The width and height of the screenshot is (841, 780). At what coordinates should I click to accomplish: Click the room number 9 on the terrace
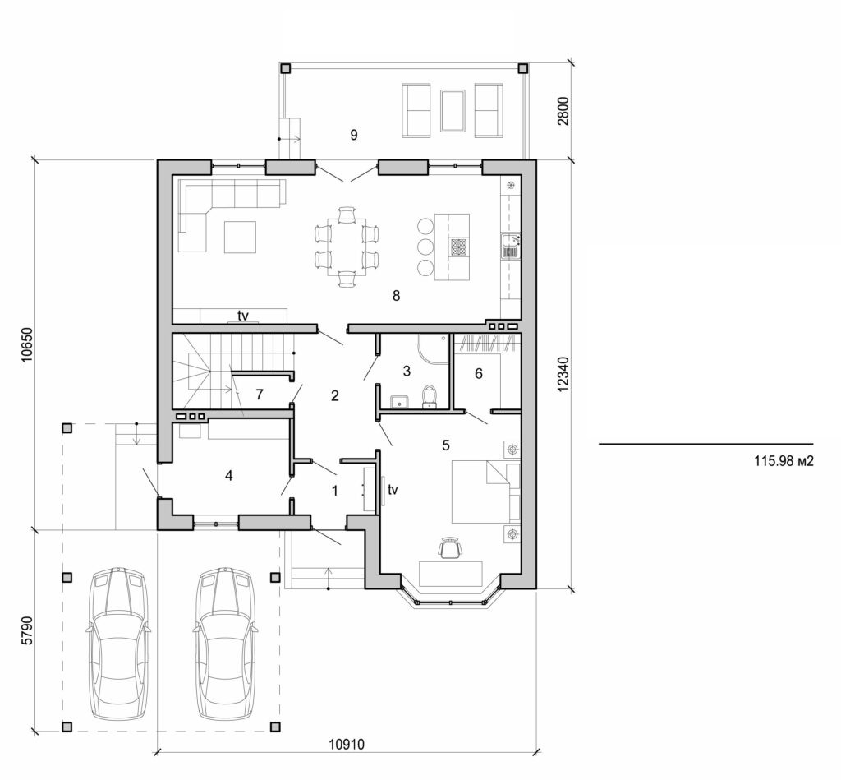coord(354,136)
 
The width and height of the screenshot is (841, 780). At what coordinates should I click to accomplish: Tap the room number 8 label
coord(396,296)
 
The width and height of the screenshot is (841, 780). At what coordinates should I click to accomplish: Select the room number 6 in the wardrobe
coord(479,373)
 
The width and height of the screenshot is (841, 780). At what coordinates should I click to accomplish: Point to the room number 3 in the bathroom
coord(406,372)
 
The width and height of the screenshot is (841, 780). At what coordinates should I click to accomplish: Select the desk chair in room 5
coord(448,548)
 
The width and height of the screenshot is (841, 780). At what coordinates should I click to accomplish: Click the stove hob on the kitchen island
coord(458,247)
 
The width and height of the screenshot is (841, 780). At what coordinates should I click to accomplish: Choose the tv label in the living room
coord(243,316)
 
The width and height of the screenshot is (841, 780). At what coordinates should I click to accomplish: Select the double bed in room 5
coord(485,491)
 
